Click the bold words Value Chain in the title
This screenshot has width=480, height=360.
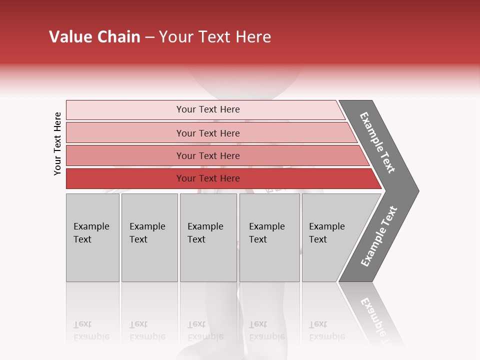[x=94, y=37]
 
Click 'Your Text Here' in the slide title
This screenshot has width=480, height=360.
[x=215, y=37]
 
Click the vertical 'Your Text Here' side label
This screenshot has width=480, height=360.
[x=57, y=143]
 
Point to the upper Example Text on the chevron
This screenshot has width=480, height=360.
[x=377, y=142]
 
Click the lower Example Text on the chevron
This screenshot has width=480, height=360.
[x=378, y=236]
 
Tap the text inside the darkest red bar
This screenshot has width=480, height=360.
[x=208, y=178]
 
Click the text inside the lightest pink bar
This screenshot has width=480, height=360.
[x=208, y=109]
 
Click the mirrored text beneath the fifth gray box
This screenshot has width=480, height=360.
[x=326, y=330]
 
